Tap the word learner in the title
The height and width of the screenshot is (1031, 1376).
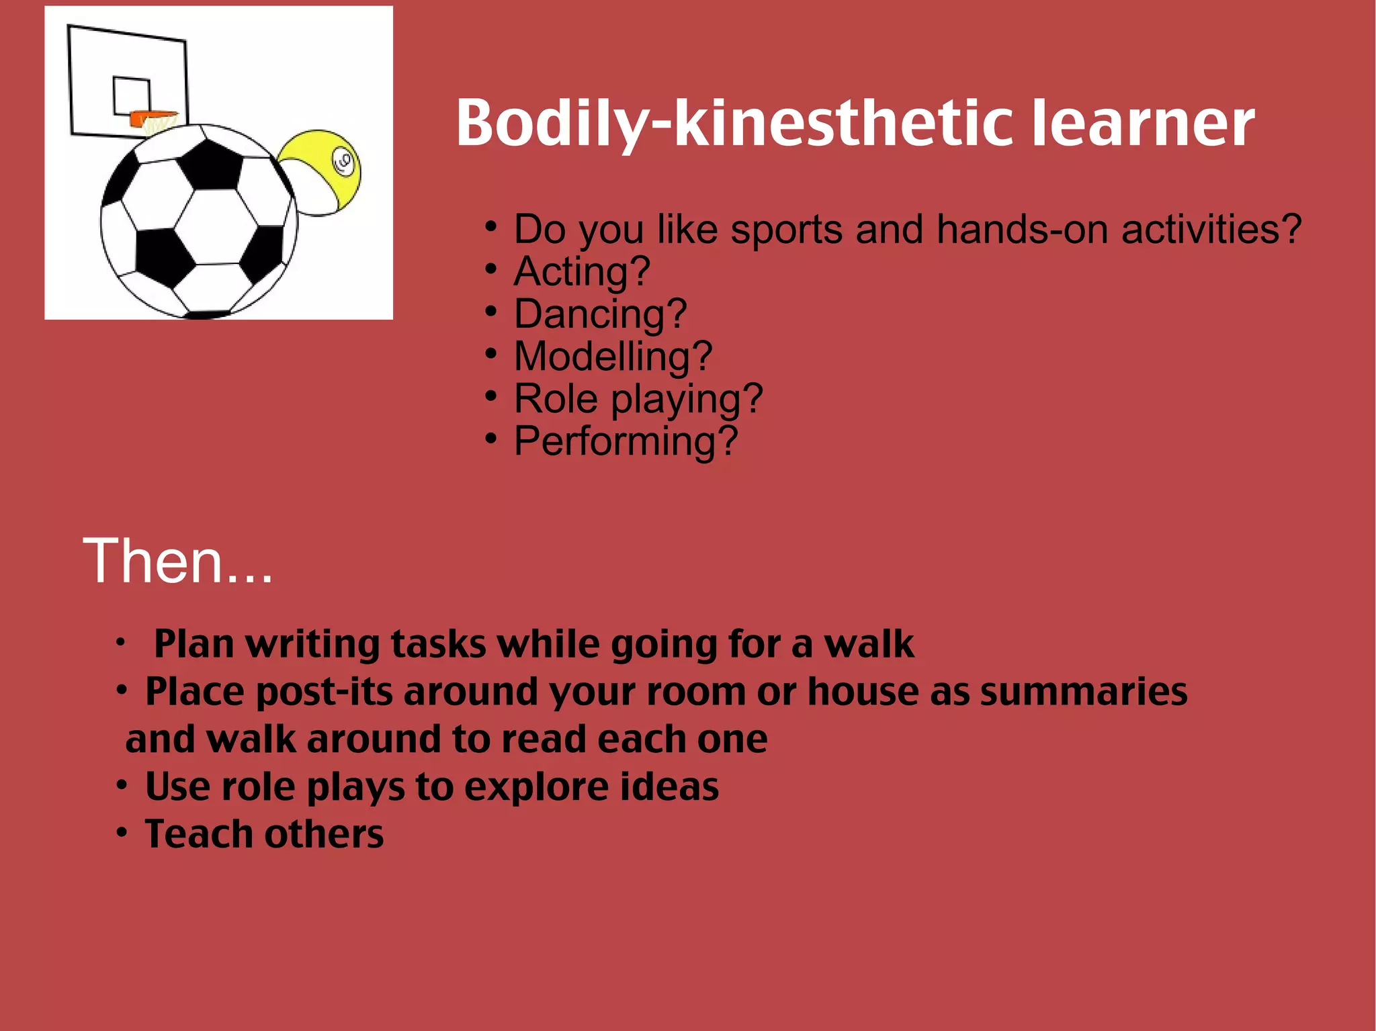pos(1142,124)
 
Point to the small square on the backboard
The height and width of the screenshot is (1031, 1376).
pos(131,95)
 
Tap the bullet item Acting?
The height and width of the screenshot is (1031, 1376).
pos(582,272)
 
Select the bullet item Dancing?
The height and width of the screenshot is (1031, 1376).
pos(600,314)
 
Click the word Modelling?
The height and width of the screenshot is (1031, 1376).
pos(612,357)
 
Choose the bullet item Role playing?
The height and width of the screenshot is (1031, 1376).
pos(638,399)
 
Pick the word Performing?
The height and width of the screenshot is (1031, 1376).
pos(626,441)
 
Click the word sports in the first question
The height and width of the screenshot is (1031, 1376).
pos(787,230)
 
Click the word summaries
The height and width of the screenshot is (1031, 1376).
pos(1083,692)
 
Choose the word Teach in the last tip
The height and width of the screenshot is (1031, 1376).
pos(199,835)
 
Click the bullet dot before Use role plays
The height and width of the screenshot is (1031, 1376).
pos(122,785)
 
